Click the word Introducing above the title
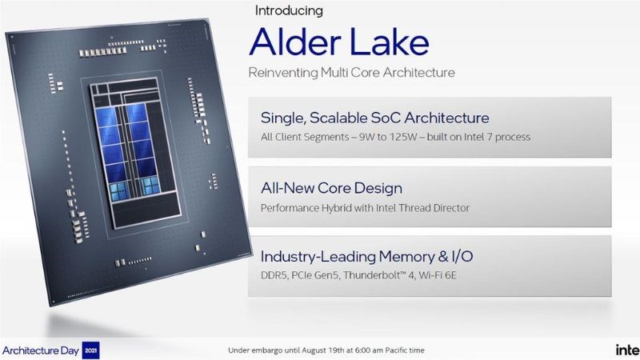[x=289, y=11]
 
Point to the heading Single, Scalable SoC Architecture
[x=374, y=118]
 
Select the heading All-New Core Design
[x=331, y=188]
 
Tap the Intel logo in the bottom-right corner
[x=626, y=350]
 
